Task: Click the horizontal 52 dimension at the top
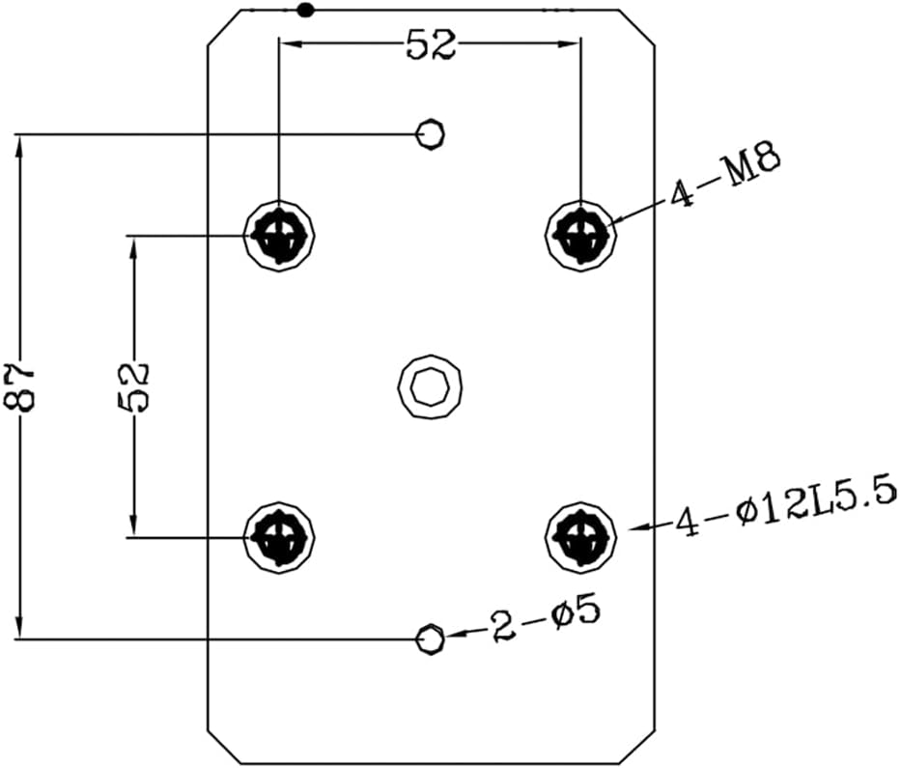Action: click(431, 44)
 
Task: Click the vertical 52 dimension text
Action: click(133, 386)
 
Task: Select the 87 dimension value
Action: click(19, 387)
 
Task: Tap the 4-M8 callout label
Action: click(724, 175)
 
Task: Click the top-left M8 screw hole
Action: click(279, 236)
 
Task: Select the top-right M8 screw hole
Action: click(580, 236)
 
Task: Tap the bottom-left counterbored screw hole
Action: click(279, 537)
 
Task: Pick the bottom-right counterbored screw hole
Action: click(580, 537)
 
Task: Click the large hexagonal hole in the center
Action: click(430, 386)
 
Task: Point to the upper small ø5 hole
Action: click(430, 134)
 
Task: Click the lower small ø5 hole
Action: click(430, 639)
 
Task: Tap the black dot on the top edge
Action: click(305, 10)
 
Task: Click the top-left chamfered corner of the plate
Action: click(224, 26)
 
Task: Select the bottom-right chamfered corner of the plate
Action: click(637, 747)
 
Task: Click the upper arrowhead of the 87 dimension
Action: click(20, 147)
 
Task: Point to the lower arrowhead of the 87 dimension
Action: click(20, 626)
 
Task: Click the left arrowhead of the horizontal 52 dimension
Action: click(291, 43)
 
